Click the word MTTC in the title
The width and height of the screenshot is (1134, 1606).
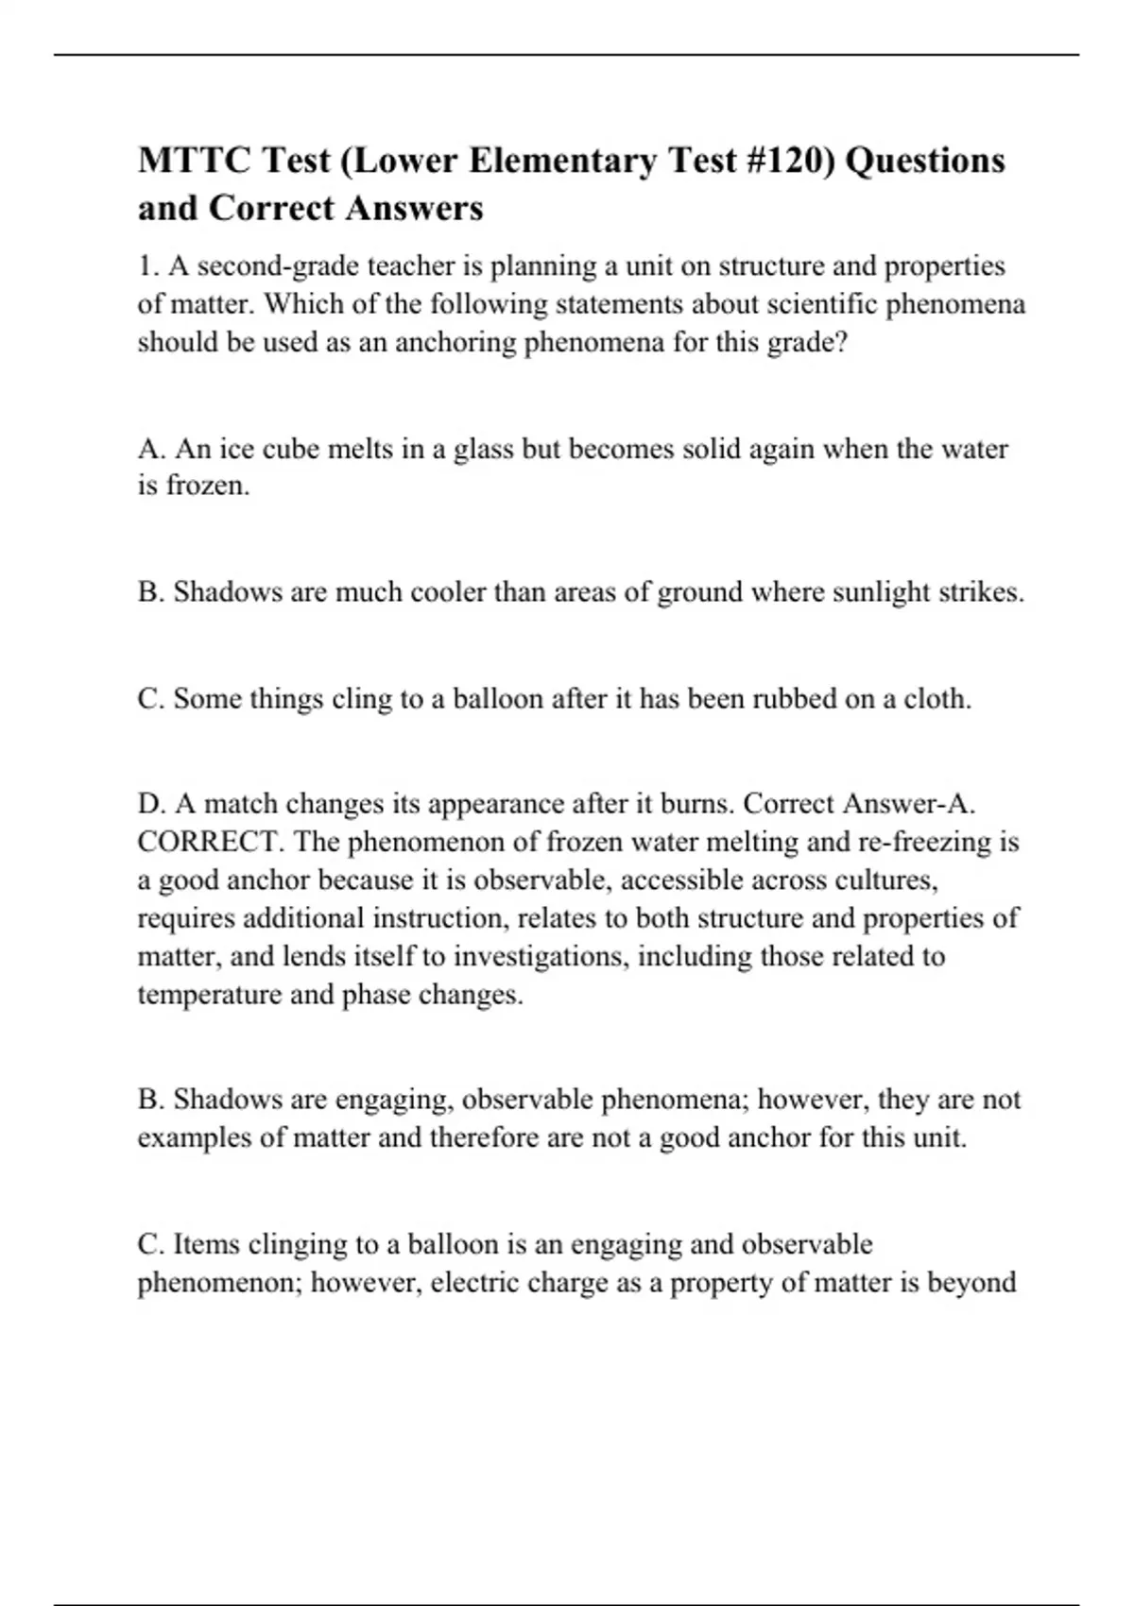pyautogui.click(x=193, y=161)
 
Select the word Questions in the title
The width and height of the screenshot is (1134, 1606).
pyautogui.click(x=924, y=161)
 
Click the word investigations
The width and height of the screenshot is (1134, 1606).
pyautogui.click(x=538, y=956)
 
